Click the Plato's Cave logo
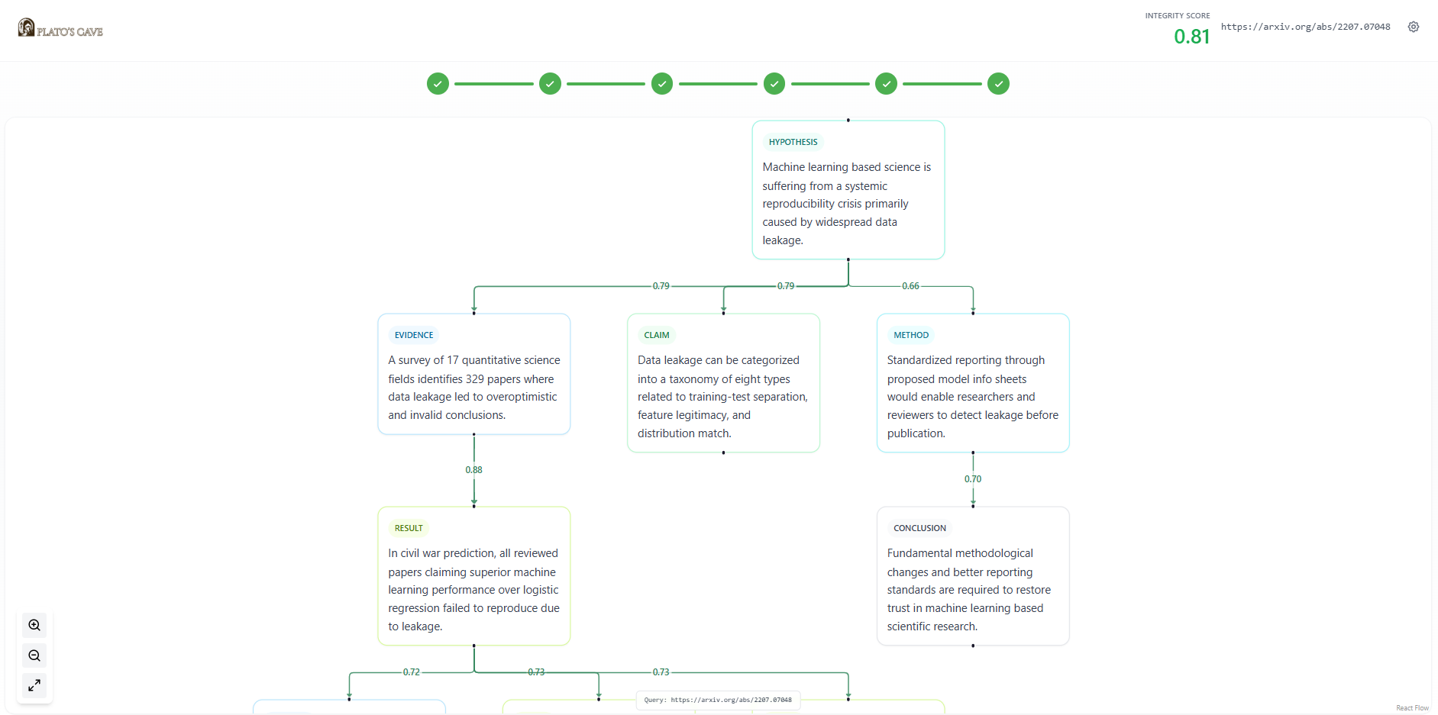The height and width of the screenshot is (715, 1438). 60,28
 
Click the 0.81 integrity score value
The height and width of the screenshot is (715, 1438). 1191,37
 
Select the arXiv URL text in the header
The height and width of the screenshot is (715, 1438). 1305,27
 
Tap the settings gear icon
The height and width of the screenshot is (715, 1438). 1414,27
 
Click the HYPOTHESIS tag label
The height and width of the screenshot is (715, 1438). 793,142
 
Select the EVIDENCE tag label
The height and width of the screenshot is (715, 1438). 414,335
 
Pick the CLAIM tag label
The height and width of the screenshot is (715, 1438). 657,335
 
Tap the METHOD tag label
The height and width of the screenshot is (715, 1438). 911,335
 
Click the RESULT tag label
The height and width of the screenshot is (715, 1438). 409,528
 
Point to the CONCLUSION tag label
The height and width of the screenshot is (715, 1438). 919,528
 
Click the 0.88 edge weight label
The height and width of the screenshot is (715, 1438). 473,470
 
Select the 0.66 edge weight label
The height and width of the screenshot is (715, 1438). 910,286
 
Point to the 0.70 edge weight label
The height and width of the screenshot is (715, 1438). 973,479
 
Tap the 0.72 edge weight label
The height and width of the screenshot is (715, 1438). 412,672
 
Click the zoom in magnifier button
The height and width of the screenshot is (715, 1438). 34,626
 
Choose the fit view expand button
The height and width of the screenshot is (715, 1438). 34,685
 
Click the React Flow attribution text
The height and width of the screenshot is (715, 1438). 1412,708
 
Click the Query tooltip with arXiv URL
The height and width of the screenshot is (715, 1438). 718,700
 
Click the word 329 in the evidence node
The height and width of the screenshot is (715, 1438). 475,379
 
